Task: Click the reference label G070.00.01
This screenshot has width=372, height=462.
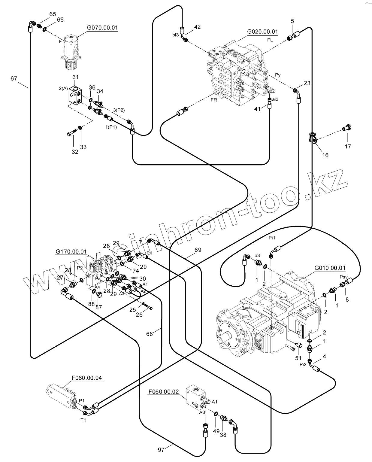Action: (x=102, y=28)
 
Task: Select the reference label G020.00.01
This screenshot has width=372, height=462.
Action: (x=262, y=32)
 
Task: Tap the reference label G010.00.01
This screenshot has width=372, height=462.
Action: (x=330, y=268)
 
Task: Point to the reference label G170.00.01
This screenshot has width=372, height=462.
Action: (x=71, y=251)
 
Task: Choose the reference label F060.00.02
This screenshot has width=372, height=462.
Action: (x=164, y=391)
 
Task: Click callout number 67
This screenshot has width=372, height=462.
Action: (x=14, y=78)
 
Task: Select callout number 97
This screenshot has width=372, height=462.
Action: (x=161, y=450)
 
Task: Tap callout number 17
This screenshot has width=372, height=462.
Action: (x=347, y=146)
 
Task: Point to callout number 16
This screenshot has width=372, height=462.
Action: (x=325, y=155)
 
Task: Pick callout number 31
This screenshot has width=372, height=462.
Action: (x=75, y=77)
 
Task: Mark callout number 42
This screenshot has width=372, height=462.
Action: (x=197, y=27)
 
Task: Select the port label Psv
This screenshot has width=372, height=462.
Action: (x=343, y=277)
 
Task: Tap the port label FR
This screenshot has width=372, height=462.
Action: (x=213, y=100)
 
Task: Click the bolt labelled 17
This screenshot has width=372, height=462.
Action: (x=347, y=128)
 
